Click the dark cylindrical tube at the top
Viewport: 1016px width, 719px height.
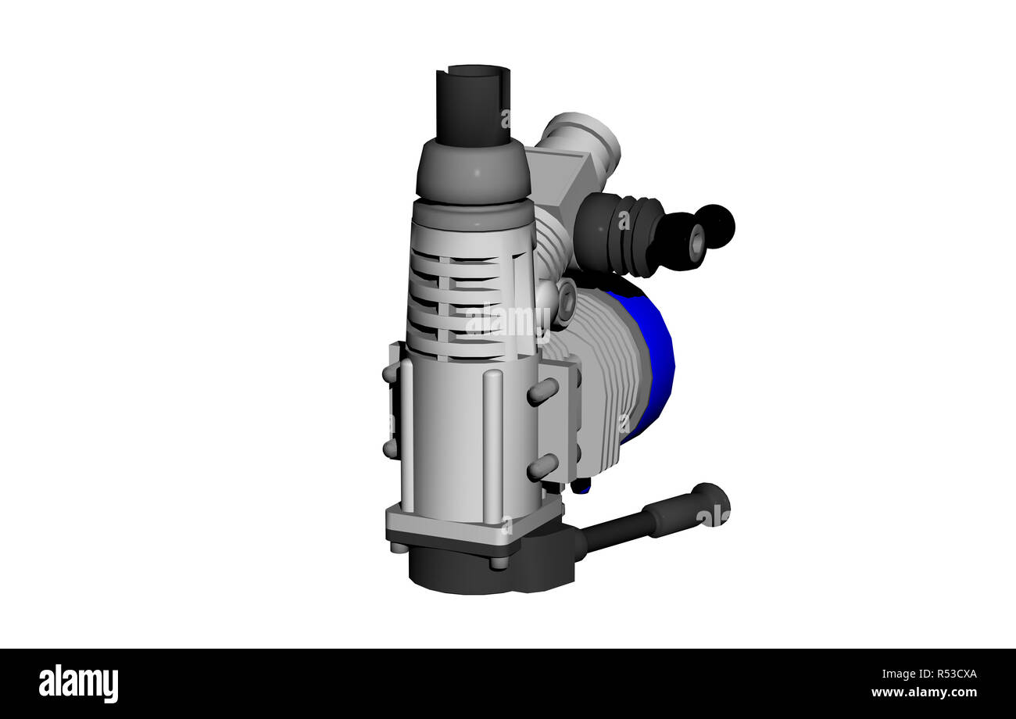click(473, 106)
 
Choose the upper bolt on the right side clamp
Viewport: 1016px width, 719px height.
click(542, 392)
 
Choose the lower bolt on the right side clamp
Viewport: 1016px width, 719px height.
click(542, 467)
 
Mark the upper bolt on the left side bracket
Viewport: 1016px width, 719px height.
click(389, 374)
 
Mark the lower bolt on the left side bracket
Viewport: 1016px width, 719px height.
click(389, 448)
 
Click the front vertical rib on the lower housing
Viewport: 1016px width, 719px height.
click(492, 445)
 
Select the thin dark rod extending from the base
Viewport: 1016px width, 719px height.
click(614, 532)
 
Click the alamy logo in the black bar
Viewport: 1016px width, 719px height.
click(78, 684)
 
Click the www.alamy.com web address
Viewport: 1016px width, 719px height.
click(924, 693)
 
